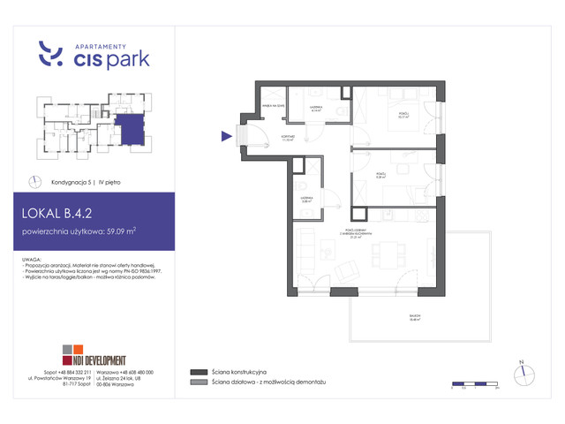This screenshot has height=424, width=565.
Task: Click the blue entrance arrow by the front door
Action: pos(226,135)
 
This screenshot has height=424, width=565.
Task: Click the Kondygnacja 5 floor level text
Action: pos(74,181)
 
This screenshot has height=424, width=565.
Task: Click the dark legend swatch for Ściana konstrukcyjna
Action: pos(197,372)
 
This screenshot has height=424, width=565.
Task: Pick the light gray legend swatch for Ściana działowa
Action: pos(197,383)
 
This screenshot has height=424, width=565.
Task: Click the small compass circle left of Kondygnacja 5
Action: pos(34,181)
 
